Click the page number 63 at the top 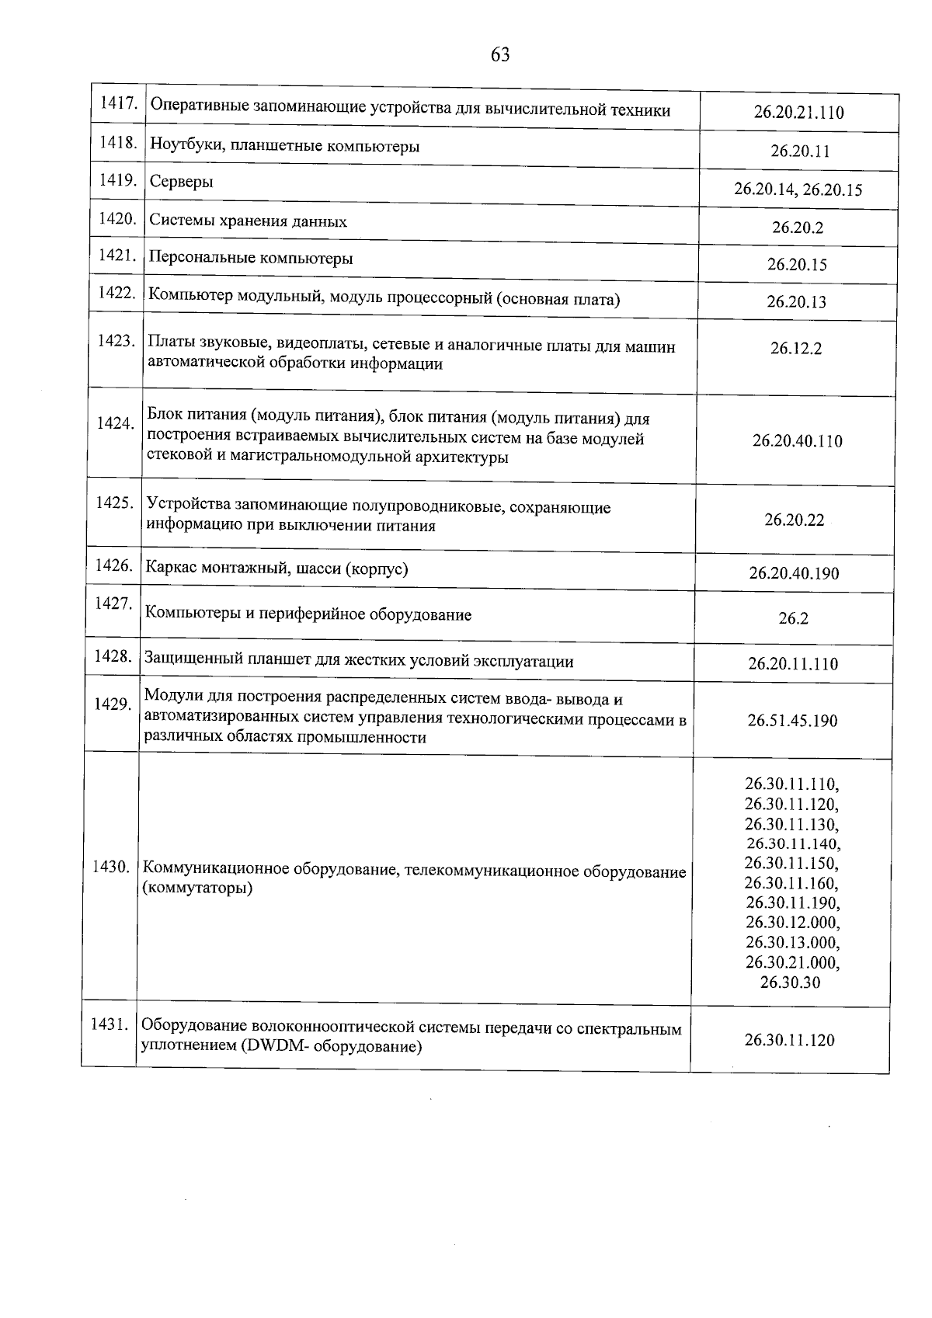[x=500, y=54]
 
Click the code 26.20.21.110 [x=798, y=113]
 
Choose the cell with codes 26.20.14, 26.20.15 [x=798, y=190]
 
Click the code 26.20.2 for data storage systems [x=797, y=228]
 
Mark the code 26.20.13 [x=797, y=302]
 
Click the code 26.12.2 [x=796, y=349]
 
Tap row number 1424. [x=115, y=423]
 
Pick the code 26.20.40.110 [x=797, y=441]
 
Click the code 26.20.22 [x=794, y=520]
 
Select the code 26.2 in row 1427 [x=793, y=619]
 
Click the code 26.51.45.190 [x=792, y=721]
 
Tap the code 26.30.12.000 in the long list [x=792, y=923]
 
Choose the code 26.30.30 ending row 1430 [x=791, y=982]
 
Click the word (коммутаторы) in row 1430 [x=198, y=889]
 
